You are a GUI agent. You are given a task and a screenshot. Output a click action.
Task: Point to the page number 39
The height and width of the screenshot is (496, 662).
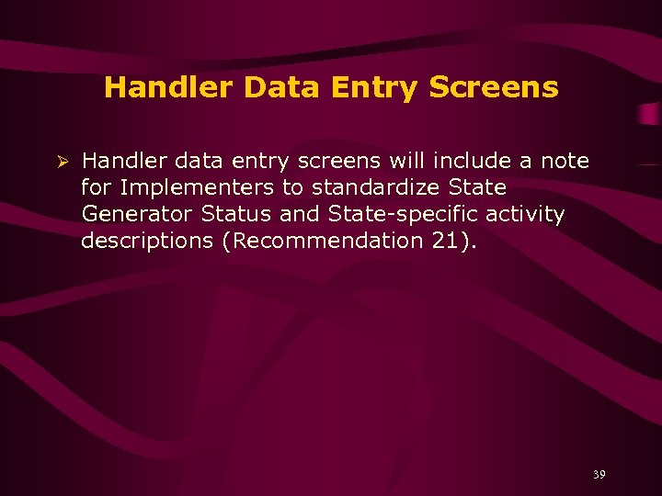click(599, 474)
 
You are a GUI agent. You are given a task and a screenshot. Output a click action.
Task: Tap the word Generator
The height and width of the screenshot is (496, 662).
click(136, 214)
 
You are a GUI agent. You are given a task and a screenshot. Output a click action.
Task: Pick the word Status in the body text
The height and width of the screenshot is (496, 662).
click(233, 214)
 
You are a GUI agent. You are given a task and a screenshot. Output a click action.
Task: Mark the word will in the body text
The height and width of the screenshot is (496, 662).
click(406, 161)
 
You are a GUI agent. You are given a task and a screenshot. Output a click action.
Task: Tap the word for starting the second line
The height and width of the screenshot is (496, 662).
click(95, 187)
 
